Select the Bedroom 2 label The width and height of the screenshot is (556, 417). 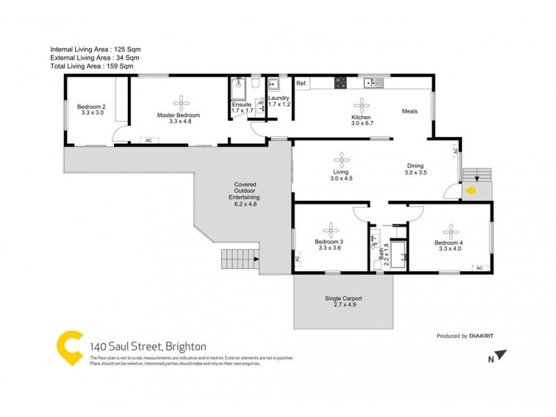point(92,109)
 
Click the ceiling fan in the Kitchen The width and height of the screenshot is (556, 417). point(361,104)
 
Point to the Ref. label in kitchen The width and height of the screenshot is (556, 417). point(302,84)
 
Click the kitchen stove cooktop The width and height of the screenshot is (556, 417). point(341,83)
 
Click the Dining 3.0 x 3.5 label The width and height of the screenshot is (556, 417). point(416,169)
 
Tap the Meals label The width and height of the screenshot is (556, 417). point(409,111)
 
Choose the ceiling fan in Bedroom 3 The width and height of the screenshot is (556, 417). point(331,230)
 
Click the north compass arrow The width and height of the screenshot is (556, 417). point(500,356)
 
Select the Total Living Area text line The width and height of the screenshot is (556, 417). point(91,67)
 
